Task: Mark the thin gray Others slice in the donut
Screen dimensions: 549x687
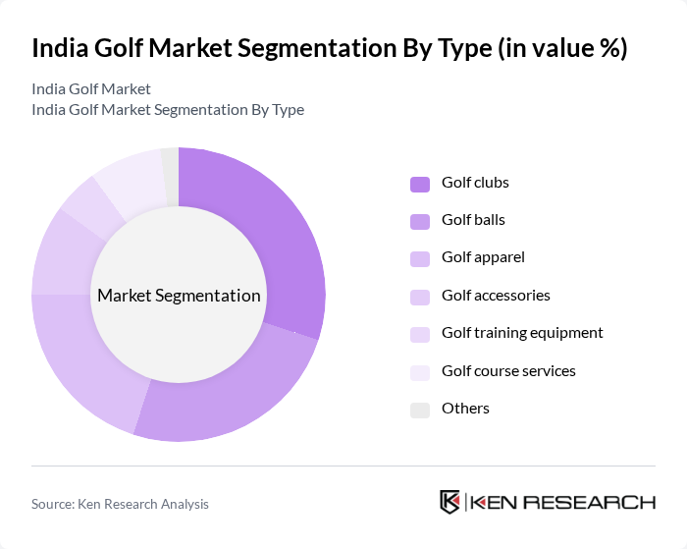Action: click(171, 163)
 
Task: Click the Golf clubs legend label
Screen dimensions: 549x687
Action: click(475, 183)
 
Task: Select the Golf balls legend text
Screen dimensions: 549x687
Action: click(473, 220)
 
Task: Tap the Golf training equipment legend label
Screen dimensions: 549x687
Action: click(522, 333)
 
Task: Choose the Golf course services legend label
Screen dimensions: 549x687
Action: click(508, 370)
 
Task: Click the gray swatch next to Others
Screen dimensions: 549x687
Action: click(420, 410)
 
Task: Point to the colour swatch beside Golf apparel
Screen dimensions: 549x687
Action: click(420, 259)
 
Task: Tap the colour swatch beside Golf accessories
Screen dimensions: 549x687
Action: click(420, 297)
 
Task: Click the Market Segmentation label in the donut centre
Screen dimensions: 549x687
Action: click(179, 296)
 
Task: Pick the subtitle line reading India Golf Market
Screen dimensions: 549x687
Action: click(91, 89)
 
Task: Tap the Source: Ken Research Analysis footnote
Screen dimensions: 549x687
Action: click(120, 504)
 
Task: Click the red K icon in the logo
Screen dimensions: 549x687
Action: click(450, 502)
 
